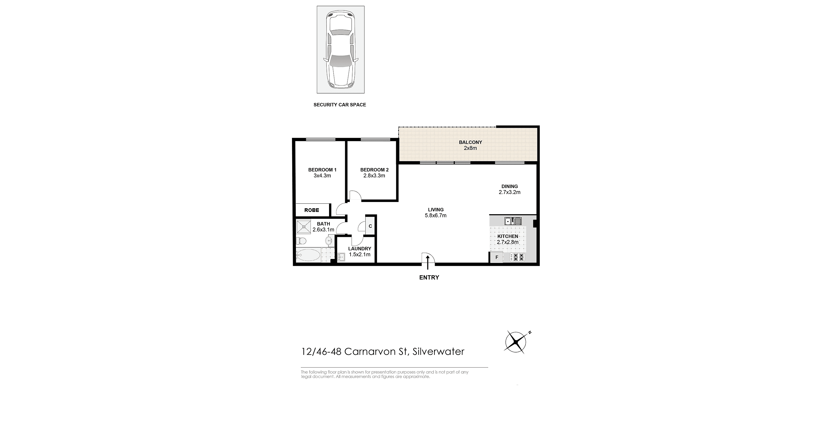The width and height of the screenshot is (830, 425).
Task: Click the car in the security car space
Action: tap(341, 50)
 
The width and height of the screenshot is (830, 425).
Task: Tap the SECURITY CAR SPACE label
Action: tap(340, 105)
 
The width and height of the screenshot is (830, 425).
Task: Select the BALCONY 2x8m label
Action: tap(470, 145)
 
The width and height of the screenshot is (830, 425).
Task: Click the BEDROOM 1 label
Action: tap(322, 170)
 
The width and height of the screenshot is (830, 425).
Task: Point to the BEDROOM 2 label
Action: tap(374, 170)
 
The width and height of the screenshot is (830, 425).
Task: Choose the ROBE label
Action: tap(311, 210)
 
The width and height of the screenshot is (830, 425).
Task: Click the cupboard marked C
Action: tap(370, 226)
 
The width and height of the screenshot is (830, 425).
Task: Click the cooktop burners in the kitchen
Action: tap(517, 257)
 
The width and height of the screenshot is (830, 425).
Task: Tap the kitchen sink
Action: tap(513, 221)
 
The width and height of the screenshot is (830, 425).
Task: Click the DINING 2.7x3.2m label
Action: tap(509, 189)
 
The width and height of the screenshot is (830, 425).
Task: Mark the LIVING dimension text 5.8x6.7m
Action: tap(436, 216)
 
